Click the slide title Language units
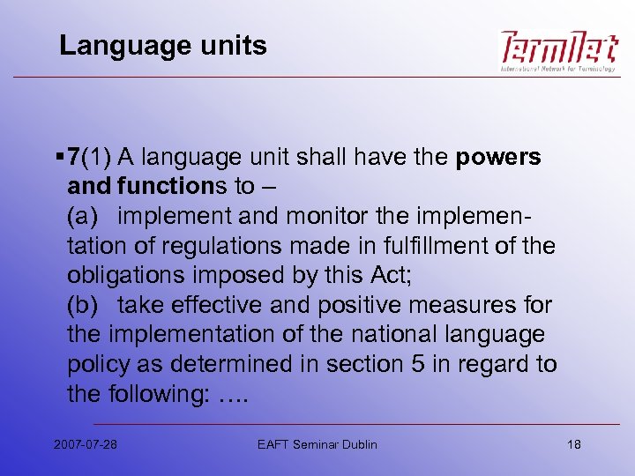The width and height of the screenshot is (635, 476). pos(162,46)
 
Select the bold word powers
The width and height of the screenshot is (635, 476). pos(498,158)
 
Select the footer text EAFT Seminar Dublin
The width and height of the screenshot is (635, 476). pos(317,443)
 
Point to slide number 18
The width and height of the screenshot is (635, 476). pos(573,443)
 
